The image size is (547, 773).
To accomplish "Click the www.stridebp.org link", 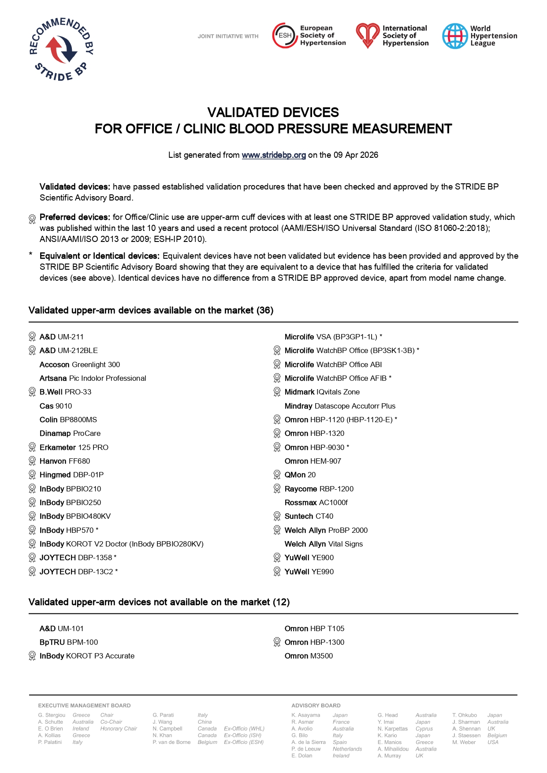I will (274, 155).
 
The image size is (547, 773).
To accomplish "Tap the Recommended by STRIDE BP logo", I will (61, 49).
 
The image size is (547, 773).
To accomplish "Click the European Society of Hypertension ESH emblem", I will (285, 36).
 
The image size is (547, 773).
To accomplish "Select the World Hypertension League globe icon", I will (455, 36).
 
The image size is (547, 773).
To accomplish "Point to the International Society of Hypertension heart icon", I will (368, 36).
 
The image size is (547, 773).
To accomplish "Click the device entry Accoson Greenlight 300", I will (80, 364).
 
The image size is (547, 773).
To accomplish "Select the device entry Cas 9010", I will (56, 406).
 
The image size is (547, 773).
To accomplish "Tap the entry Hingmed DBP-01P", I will (71, 475).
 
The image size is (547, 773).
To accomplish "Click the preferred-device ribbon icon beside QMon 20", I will (277, 475).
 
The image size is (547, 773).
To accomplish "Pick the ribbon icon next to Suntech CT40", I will (277, 516).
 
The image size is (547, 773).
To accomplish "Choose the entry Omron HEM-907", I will (313, 461).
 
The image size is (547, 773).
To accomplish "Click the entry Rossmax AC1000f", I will (316, 502).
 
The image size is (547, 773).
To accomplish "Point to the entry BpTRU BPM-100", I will (69, 642).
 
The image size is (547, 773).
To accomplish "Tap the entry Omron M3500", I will (309, 656).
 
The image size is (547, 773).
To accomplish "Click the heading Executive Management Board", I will (84, 706).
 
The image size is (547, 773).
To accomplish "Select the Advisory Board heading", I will (316, 706).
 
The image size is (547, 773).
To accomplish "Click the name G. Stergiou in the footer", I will (52, 715).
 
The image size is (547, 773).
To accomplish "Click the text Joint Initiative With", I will (228, 37).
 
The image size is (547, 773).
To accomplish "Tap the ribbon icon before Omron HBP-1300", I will (277, 642).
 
